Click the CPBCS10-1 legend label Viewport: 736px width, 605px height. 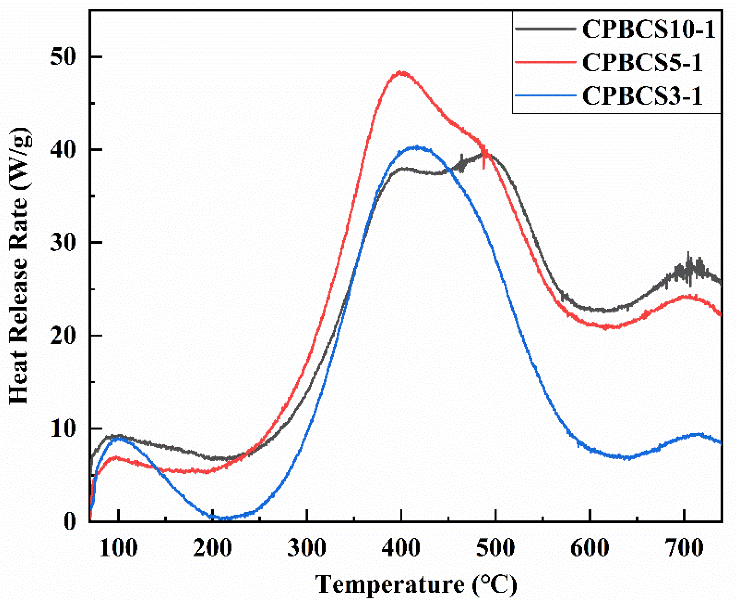point(648,30)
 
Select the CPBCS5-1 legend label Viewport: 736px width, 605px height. point(642,63)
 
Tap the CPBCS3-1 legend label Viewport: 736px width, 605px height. point(642,96)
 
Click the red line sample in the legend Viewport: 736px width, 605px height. point(545,62)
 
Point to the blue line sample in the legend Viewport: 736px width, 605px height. point(545,95)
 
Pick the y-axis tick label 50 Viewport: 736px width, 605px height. point(63,57)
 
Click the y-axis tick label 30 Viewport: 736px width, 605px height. point(63,242)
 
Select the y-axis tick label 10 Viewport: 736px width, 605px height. point(63,429)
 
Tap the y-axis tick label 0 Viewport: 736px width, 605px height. point(70,522)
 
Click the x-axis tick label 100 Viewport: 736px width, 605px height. point(119,548)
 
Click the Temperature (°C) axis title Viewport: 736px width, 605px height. point(416,585)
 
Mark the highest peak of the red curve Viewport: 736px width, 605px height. point(402,73)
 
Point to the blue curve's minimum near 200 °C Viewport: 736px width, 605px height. point(223,518)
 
